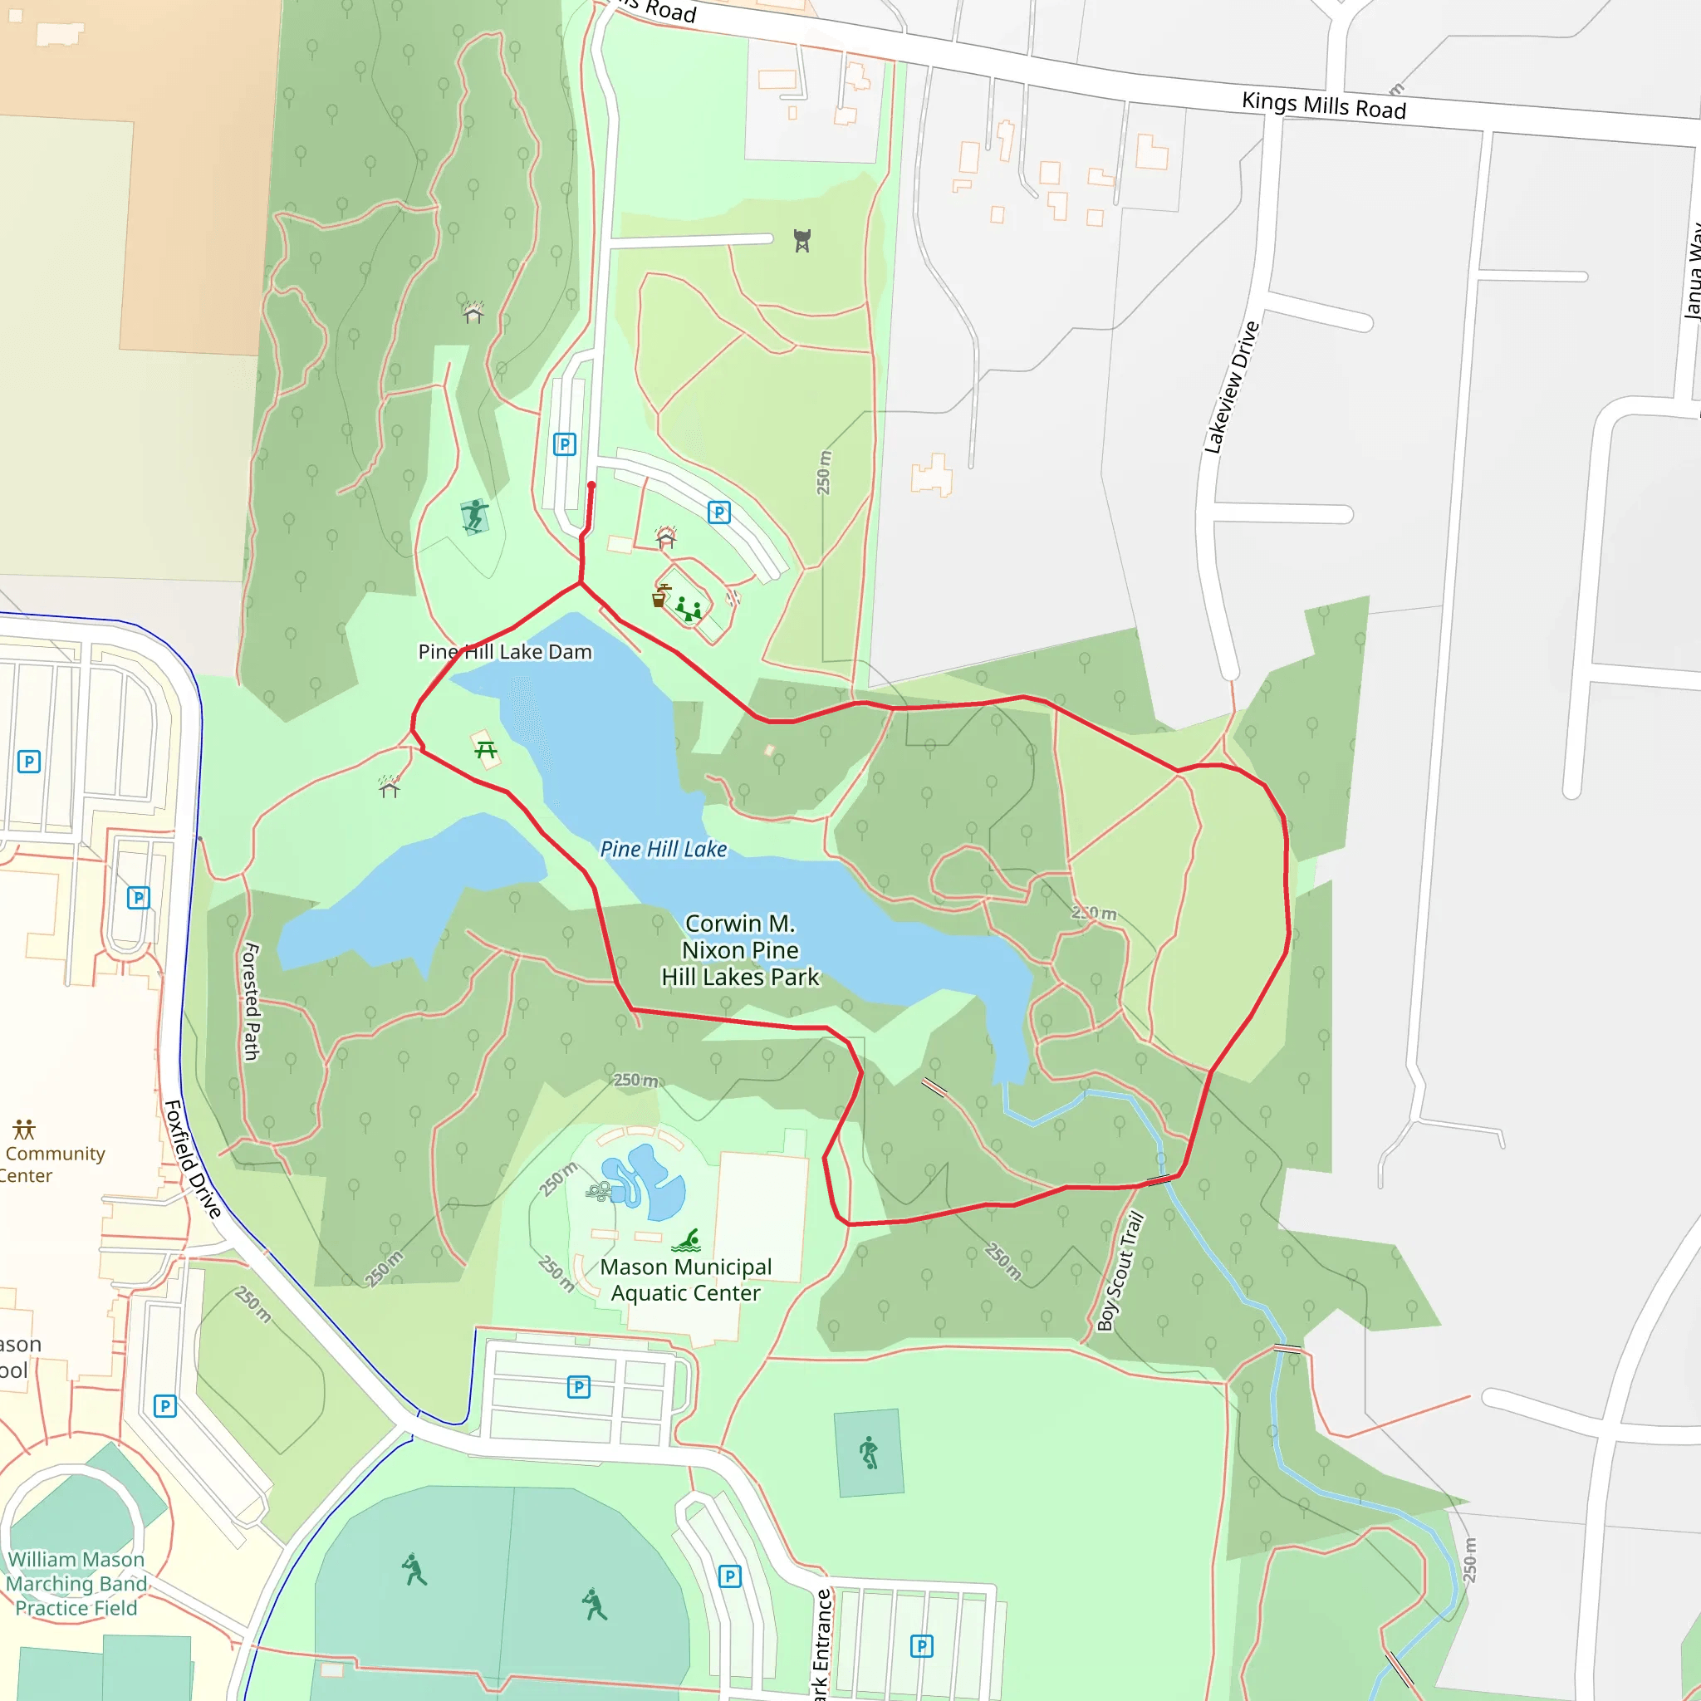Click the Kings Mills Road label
pos(1323,105)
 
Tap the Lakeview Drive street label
pos(1232,387)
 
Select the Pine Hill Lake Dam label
pos(504,651)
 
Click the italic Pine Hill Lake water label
pos(663,849)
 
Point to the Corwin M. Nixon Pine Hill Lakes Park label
pos(739,950)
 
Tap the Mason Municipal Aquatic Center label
pos(686,1279)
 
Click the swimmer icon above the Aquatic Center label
pos(687,1241)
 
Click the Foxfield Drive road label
pos(193,1159)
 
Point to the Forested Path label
pos(252,1001)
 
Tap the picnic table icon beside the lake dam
pos(485,750)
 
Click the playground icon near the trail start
pos(688,608)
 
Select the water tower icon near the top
pos(802,240)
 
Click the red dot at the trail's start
pos(591,485)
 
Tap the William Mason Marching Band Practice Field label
pos(76,1583)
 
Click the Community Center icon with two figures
pos(24,1129)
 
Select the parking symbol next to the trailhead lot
pos(564,444)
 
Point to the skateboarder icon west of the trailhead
pos(474,515)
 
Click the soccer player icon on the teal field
pos(869,1452)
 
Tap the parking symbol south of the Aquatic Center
pos(578,1388)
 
